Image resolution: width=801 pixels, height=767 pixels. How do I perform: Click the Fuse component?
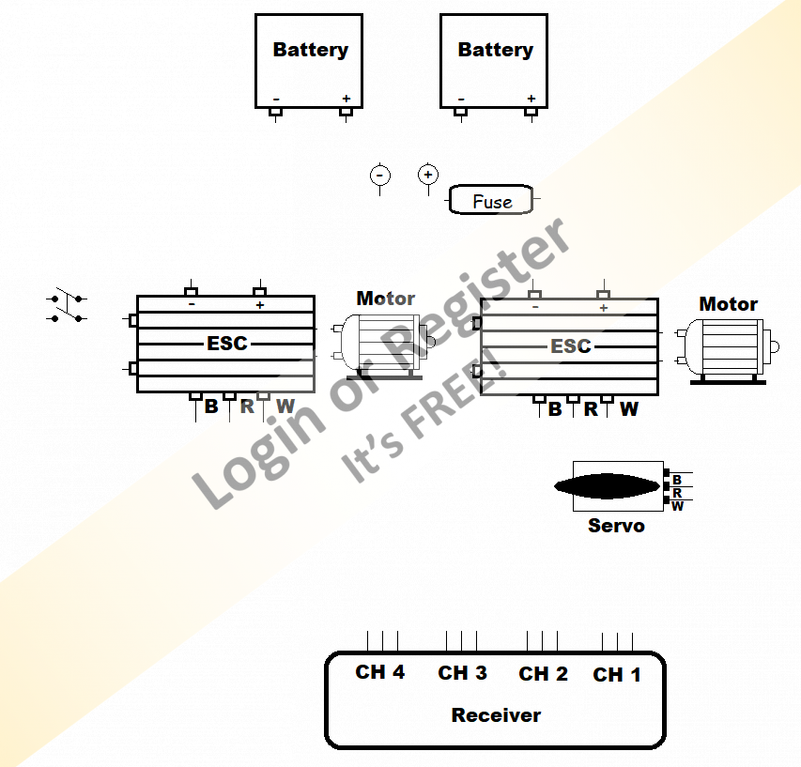491,200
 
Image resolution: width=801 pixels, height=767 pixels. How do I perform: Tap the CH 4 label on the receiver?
379,672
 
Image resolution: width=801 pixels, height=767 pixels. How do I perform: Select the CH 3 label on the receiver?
462,673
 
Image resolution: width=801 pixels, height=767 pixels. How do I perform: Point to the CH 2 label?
543,674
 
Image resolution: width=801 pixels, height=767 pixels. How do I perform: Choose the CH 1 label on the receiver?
617,675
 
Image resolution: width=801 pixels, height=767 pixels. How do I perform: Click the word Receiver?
496,715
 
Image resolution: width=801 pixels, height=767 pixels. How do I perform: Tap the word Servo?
616,526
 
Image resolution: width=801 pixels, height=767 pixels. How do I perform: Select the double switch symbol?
67,305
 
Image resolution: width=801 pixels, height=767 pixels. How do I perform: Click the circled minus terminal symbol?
379,176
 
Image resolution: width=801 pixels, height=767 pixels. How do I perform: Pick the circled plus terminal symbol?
428,175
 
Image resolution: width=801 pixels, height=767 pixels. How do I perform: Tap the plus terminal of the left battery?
346,100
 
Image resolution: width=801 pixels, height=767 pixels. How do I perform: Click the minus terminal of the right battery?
461,100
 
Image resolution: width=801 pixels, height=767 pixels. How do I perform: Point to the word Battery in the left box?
310,50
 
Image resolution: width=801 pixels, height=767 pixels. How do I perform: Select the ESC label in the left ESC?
227,344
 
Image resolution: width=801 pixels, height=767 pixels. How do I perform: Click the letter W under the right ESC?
628,409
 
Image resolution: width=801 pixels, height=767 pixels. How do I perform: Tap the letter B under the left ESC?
211,407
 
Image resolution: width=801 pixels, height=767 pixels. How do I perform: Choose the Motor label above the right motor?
728,304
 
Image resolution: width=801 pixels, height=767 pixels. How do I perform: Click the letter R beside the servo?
677,493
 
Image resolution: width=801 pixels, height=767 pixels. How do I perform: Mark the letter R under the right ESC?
591,409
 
